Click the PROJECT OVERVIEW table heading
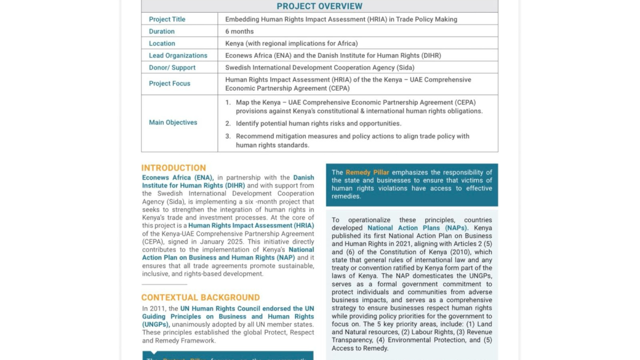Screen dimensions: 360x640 (x=319, y=6)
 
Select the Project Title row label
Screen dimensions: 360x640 (x=167, y=19)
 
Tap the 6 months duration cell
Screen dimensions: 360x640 (x=239, y=31)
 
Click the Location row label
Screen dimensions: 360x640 (x=162, y=44)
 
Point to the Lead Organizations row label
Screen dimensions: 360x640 (x=178, y=55)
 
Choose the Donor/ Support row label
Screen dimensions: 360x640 (x=172, y=68)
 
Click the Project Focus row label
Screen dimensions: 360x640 (x=170, y=84)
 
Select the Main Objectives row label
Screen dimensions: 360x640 (x=173, y=123)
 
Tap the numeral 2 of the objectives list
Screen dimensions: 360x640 (x=228, y=124)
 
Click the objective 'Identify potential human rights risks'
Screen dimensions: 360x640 (x=318, y=124)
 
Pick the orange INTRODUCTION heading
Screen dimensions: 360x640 (x=173, y=168)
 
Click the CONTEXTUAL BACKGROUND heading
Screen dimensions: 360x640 (x=201, y=298)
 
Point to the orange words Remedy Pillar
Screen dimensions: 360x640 (x=367, y=172)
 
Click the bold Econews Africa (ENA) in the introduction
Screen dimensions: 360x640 (x=178, y=178)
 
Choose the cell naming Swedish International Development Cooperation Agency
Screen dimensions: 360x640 (x=319, y=68)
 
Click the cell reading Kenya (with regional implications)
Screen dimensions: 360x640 (x=291, y=44)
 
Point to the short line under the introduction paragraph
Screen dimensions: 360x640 (x=164, y=284)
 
